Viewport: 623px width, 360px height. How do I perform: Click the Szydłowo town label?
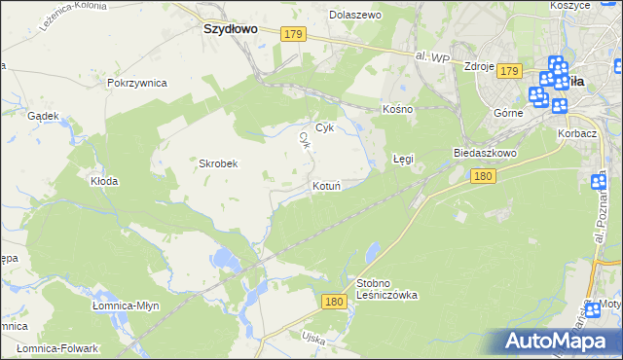[x=230, y=29]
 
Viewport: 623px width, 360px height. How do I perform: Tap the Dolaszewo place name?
[x=355, y=16]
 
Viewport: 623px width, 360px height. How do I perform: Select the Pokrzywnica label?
[x=137, y=83]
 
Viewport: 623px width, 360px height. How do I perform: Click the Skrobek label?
[x=219, y=163]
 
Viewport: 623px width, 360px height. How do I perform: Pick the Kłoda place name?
[x=104, y=181]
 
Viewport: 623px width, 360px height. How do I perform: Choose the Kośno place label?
[x=398, y=109]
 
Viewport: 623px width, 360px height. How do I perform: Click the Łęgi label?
[x=403, y=158]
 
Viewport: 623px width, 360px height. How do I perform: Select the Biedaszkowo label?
[x=484, y=154]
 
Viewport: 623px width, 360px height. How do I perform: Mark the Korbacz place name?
[x=576, y=131]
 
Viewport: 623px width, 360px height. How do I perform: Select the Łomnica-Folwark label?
[x=59, y=348]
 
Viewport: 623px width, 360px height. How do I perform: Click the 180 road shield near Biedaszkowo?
[x=482, y=176]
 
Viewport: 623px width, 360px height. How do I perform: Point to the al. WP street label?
[x=431, y=59]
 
